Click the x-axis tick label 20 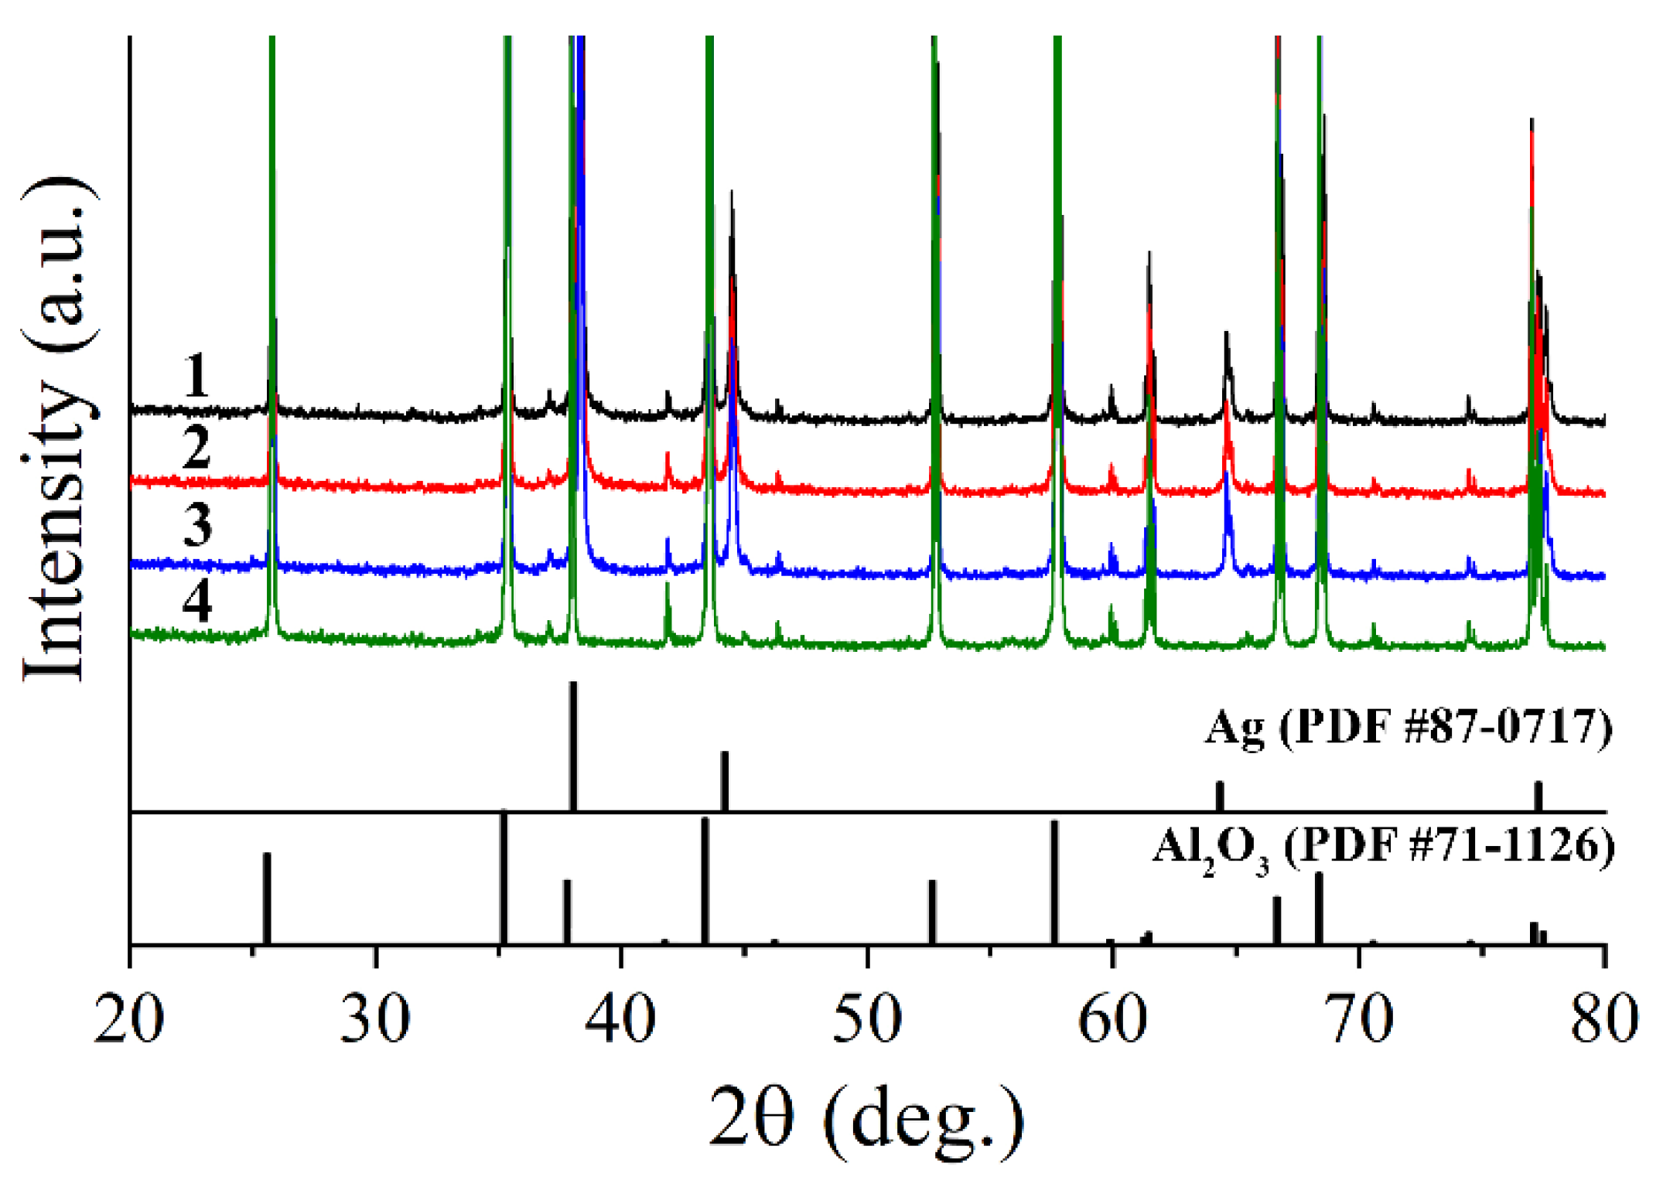coord(129,1019)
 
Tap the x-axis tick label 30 coord(375,1019)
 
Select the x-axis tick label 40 coord(620,1019)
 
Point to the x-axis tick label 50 coord(867,1019)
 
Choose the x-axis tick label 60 coord(1112,1019)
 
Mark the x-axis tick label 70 coord(1359,1019)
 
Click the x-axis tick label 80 coord(1604,1019)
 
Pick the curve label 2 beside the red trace coord(196,448)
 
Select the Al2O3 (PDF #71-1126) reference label coord(1384,849)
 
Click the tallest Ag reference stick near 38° coord(573,746)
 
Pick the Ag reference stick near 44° coord(725,781)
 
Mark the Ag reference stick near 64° coord(1220,796)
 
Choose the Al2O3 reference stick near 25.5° coord(267,899)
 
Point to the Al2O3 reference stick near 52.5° coord(932,912)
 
